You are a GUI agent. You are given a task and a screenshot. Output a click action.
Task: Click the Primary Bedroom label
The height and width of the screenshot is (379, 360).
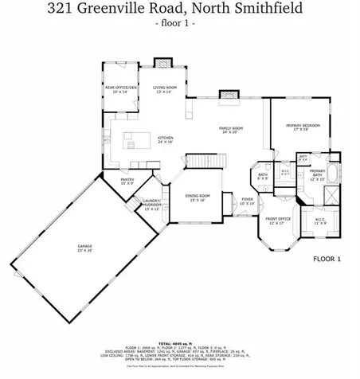(303, 127)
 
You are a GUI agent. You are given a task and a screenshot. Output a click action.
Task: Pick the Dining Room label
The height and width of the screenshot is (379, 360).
(198, 197)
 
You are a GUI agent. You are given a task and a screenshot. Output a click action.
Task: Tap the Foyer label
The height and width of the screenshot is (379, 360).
(248, 201)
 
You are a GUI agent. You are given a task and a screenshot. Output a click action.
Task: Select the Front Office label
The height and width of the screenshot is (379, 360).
(278, 221)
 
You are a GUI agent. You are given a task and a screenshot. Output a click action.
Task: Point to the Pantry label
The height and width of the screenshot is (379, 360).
(127, 182)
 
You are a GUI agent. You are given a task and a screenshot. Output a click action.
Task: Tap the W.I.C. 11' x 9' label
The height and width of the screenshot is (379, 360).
(321, 221)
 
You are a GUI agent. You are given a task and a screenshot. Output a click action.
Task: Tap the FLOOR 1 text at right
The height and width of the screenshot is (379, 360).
(327, 259)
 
